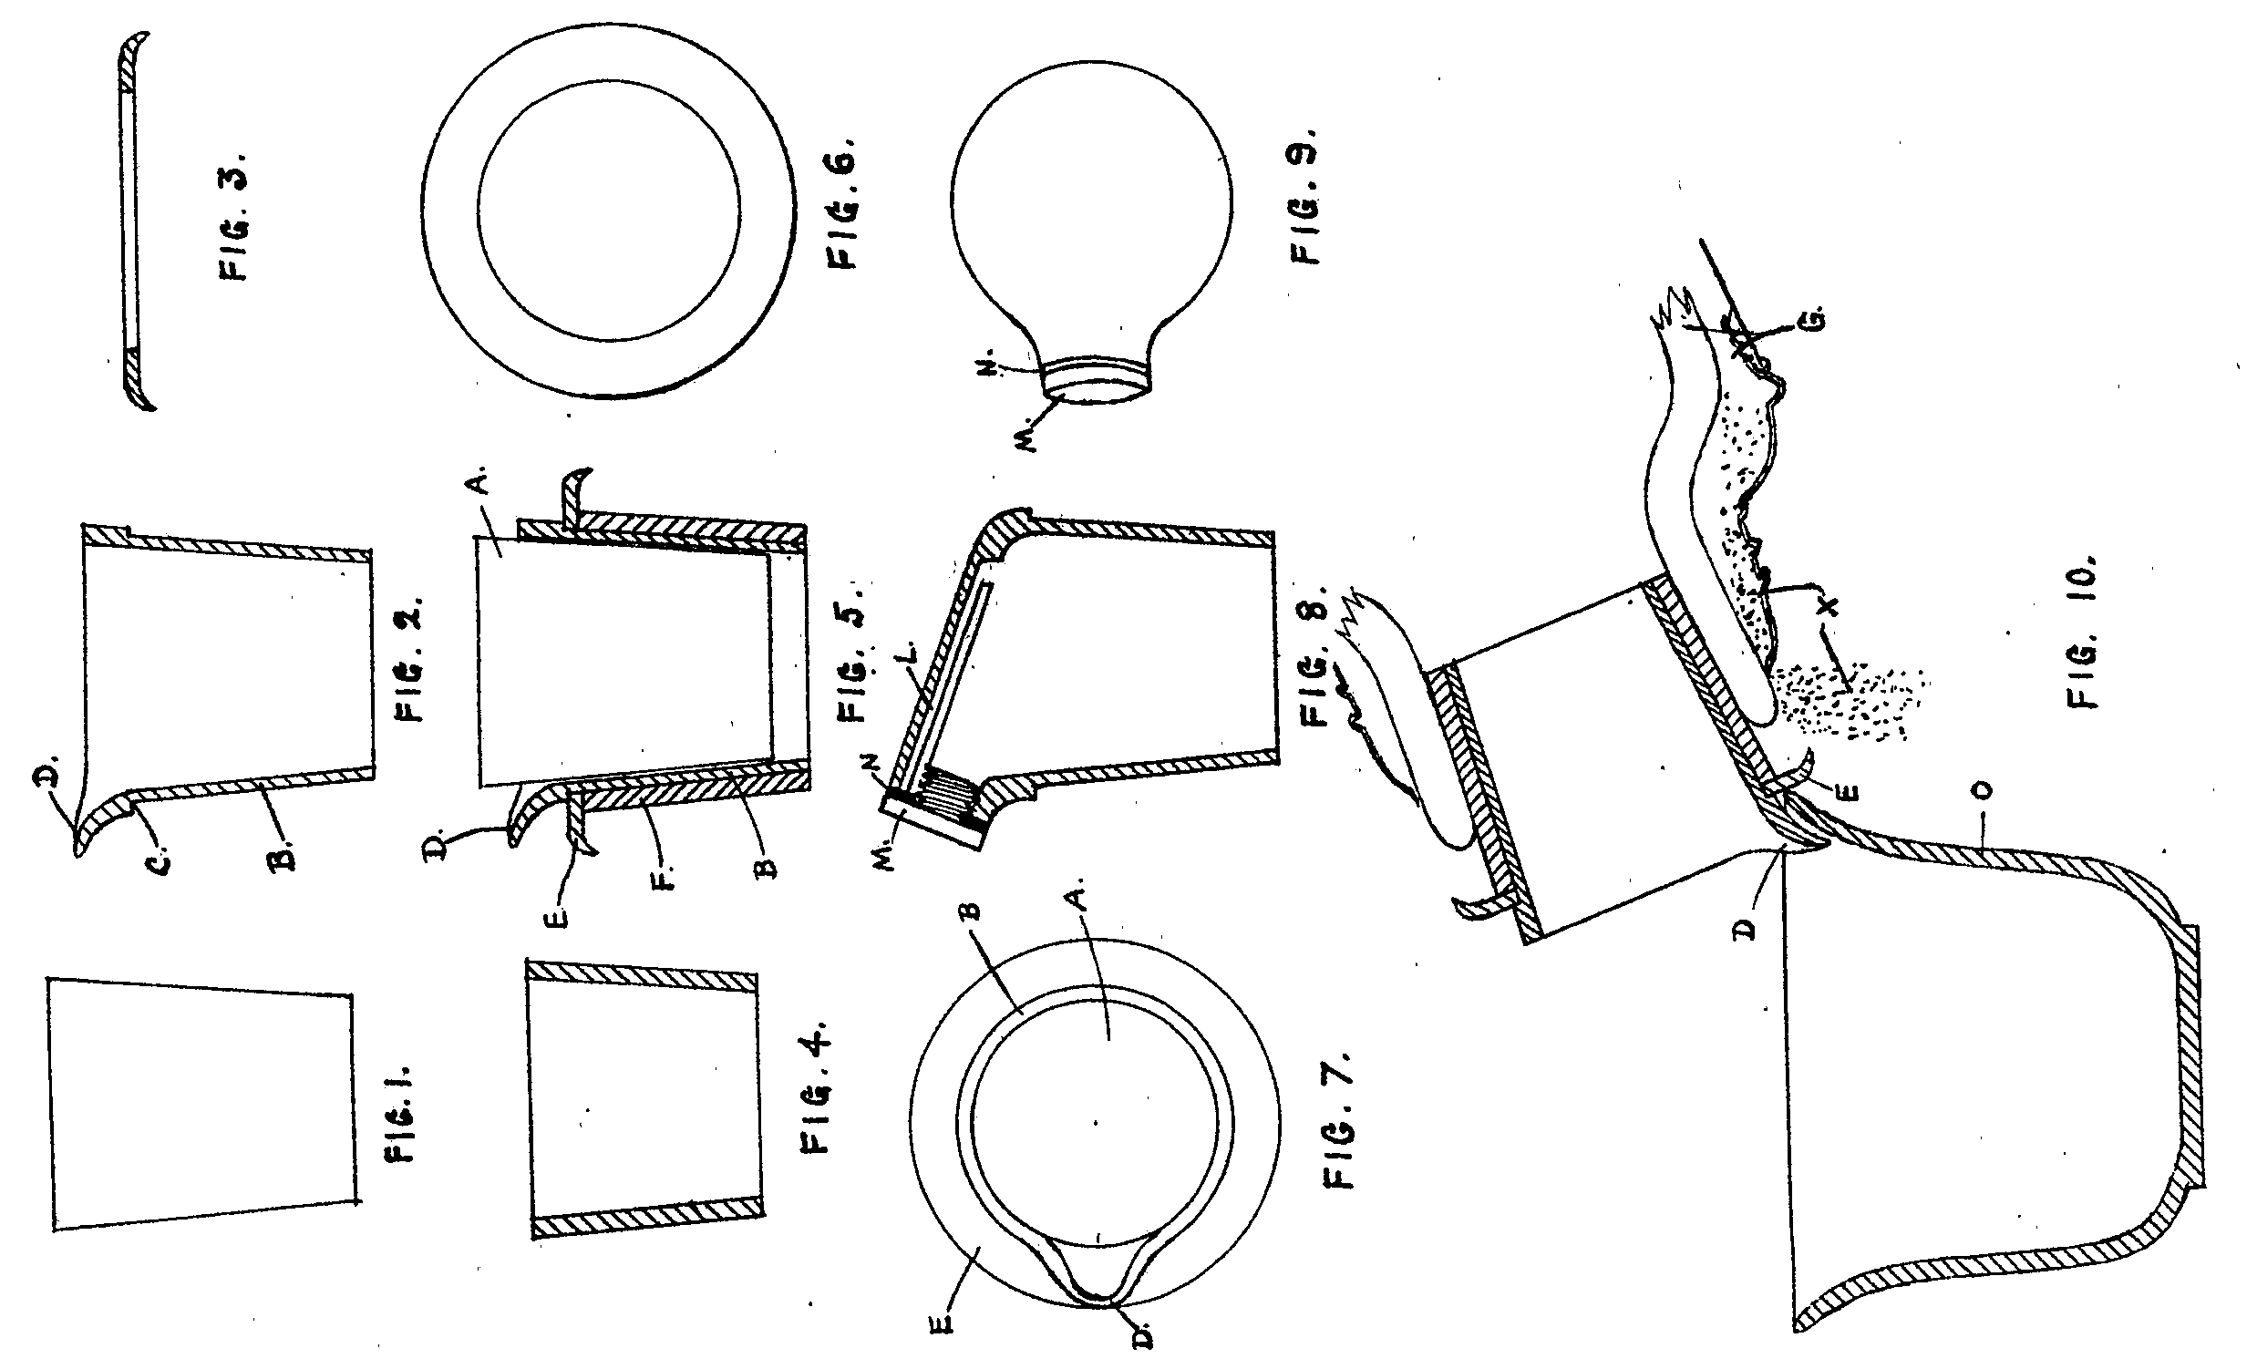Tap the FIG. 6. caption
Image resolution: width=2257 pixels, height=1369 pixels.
point(841,203)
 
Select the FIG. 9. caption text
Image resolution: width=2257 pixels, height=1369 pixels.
point(1304,193)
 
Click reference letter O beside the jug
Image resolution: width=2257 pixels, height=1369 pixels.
point(1984,789)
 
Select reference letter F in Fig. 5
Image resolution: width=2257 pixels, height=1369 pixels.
point(665,884)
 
